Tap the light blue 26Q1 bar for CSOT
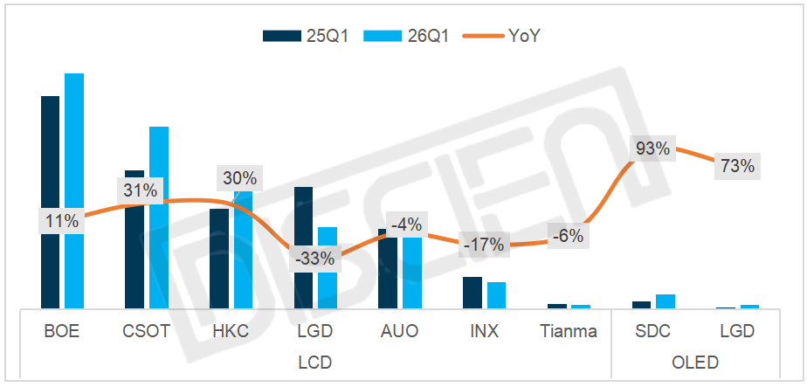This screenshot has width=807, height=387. pos(159,218)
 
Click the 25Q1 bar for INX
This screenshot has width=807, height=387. pos(472,293)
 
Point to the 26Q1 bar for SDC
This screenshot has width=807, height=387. pos(666,301)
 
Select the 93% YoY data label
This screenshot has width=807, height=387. pos(652,149)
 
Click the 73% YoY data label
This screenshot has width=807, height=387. pos(736,165)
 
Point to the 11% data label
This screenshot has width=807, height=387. pos(62,221)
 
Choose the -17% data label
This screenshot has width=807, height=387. pos(483,245)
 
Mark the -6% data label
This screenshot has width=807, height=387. pos(567,235)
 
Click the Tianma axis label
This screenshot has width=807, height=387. pos(569,332)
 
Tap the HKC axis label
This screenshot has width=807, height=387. pos(231,332)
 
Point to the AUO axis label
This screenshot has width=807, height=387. pos(399,332)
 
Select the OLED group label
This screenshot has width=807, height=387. pos(694,361)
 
